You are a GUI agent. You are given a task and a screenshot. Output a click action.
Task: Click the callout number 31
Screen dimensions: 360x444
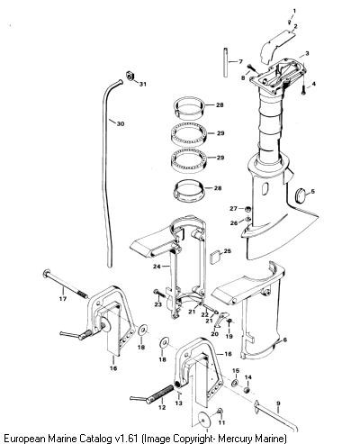pos(143,84)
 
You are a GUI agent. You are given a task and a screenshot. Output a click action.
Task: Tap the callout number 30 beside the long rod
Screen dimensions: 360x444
pos(121,123)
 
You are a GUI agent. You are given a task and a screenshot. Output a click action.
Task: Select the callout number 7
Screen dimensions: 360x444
pos(240,61)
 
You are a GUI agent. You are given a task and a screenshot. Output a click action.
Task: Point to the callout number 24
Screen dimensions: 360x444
pos(157,267)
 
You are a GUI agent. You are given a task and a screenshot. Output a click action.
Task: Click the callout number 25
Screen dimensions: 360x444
pos(228,250)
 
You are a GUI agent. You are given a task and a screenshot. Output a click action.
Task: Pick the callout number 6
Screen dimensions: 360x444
pos(284,340)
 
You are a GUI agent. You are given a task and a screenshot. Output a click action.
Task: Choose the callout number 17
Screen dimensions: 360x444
pos(63,299)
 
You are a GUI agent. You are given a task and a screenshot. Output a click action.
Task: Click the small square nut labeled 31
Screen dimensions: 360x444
pos(130,76)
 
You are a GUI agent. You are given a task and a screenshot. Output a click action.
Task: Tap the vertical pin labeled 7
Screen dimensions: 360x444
pos(226,62)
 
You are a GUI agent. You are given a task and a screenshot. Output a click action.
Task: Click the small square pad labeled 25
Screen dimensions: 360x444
pos(215,258)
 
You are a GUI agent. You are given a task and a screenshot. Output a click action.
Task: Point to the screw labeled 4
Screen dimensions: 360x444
pos(303,89)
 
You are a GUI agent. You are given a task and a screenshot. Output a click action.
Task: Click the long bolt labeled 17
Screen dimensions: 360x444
pos(66,284)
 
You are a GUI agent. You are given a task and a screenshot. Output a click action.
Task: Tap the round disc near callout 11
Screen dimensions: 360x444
pos(205,419)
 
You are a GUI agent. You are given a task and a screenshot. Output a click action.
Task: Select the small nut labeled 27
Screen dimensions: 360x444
pos(247,209)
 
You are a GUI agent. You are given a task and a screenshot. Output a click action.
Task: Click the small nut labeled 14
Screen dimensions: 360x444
pos(247,390)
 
